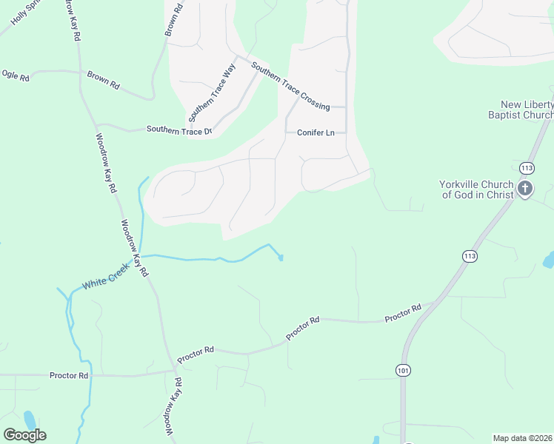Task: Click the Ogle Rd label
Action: pos(15,75)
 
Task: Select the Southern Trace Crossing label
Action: pos(290,86)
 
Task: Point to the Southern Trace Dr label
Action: pos(179,129)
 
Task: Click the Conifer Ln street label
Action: pos(316,133)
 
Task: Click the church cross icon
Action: pos(525,188)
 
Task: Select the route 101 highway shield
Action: pos(403,369)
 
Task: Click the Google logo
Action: pos(24,434)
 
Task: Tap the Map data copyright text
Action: pos(523,438)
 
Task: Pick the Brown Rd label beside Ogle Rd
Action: pos(103,80)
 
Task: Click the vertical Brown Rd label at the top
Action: pos(173,19)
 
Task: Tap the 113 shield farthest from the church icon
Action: pos(469,256)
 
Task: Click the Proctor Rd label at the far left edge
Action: pos(69,375)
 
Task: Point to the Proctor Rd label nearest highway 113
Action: pos(402,313)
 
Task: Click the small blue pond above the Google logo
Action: pos(29,420)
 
